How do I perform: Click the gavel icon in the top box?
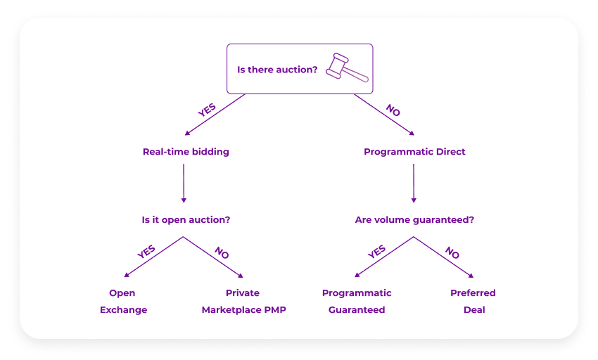point(346,68)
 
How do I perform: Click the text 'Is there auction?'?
point(277,70)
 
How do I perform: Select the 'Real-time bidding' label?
point(186,151)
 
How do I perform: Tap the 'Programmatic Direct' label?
point(414,151)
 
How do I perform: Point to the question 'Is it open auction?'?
point(186,219)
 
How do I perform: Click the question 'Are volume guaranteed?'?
point(414,219)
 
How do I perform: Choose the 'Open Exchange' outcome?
point(123,301)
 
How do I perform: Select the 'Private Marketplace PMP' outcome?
point(243,301)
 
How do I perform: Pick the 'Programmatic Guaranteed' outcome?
point(357,301)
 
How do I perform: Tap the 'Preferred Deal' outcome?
point(473,301)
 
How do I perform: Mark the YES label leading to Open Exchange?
point(146,252)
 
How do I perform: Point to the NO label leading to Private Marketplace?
point(222,252)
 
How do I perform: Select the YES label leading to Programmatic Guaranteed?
point(377,252)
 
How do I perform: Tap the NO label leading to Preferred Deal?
point(452,252)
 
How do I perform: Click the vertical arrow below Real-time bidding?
point(184,184)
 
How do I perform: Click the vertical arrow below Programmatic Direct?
point(413,184)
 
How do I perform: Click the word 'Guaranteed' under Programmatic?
point(357,309)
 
